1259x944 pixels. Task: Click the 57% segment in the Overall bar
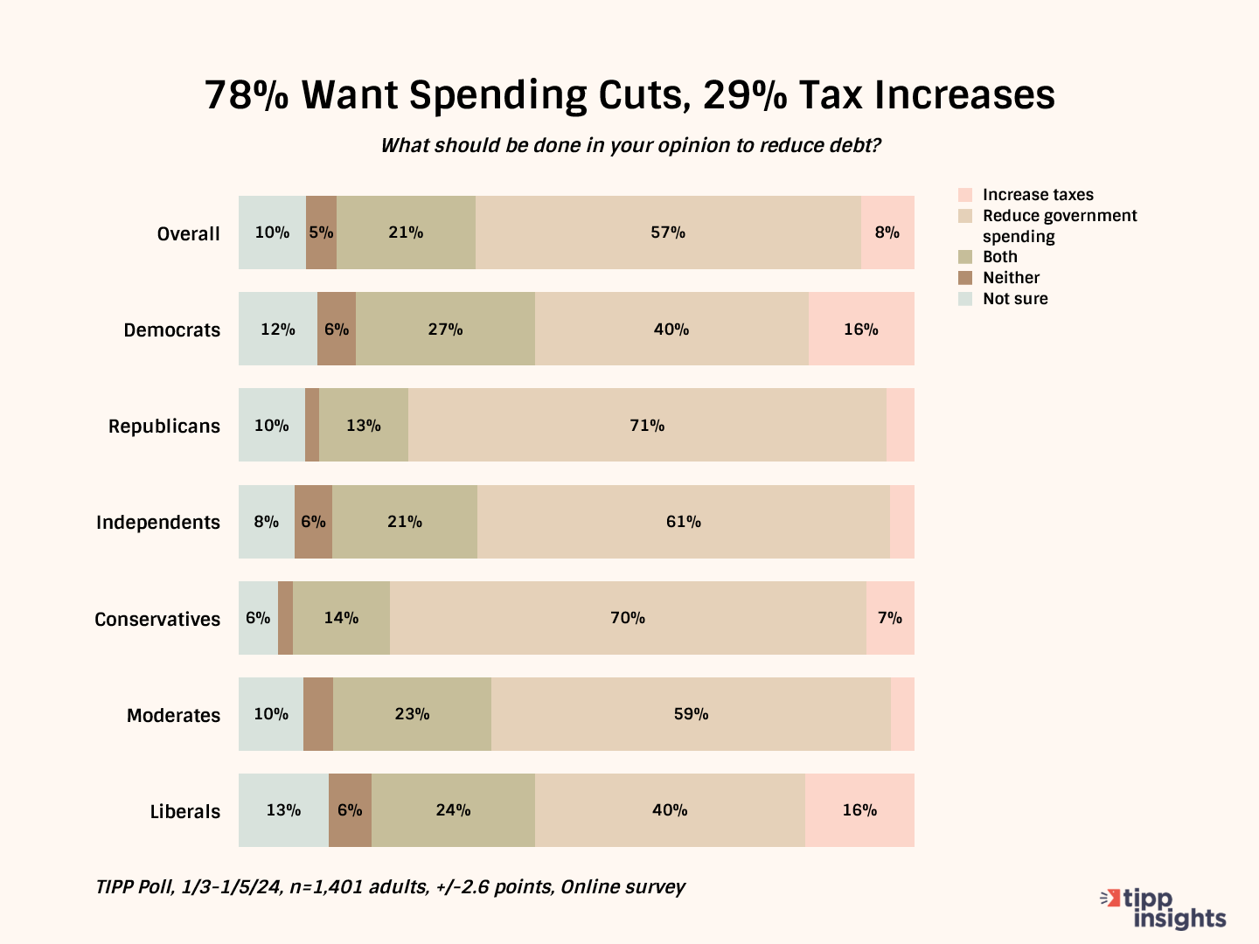pos(668,233)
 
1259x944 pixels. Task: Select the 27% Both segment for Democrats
pos(445,329)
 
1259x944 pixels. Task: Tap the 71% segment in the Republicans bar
pos(647,425)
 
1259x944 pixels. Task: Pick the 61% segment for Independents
pos(683,522)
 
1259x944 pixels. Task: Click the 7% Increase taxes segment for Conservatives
pos(890,618)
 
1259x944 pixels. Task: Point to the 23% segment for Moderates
pos(412,714)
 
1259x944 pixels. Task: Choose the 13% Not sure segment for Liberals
pos(283,810)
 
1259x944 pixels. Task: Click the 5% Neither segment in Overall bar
pos(321,233)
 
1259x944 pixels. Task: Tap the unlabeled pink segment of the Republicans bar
pos(901,425)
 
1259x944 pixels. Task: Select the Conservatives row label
pos(157,619)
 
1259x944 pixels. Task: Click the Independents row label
pos(158,523)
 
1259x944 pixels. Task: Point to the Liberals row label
pos(185,811)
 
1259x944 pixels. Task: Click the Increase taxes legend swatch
pos(965,195)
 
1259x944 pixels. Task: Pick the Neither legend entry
pos(1011,278)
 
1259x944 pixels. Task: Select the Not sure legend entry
pos(1014,299)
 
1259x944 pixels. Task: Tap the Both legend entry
pos(999,257)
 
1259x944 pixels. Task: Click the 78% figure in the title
pos(246,95)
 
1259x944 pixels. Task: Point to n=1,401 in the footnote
pos(326,887)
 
